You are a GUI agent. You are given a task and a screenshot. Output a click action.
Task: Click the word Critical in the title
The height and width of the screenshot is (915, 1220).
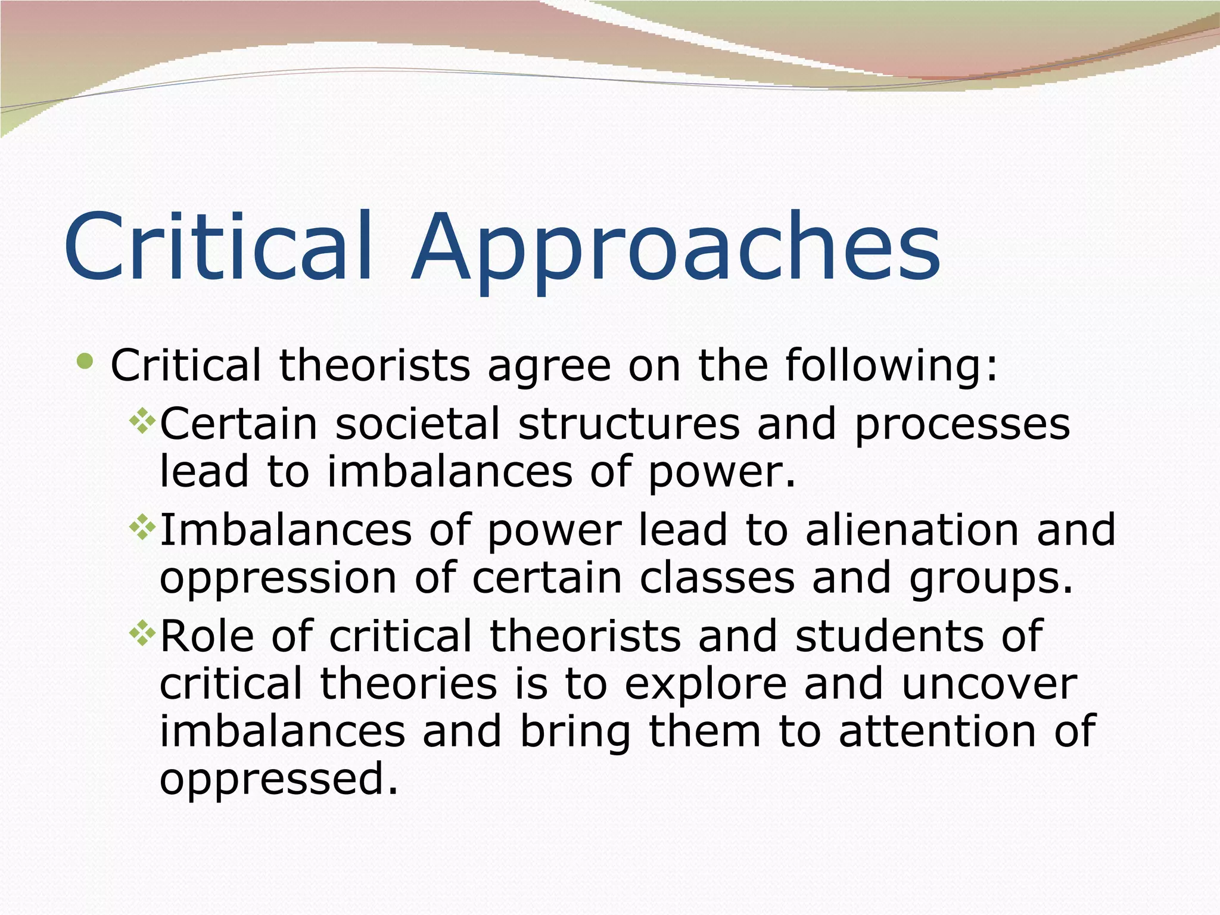tap(218, 245)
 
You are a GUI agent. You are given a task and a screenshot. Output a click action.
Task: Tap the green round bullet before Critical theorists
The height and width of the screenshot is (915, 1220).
tap(86, 361)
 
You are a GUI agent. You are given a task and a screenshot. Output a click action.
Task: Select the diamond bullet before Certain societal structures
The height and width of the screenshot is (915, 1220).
tap(142, 421)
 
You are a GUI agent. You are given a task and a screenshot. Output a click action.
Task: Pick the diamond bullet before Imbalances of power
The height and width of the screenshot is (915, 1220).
tap(142, 527)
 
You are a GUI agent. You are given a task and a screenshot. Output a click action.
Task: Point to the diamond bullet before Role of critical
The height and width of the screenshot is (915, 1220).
tap(142, 633)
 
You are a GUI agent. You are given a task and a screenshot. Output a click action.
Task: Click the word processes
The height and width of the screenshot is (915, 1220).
tap(962, 426)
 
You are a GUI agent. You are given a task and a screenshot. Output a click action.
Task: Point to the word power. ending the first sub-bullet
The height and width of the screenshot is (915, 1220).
tap(721, 473)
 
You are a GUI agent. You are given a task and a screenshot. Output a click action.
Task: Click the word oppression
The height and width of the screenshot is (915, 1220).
tap(278, 580)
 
